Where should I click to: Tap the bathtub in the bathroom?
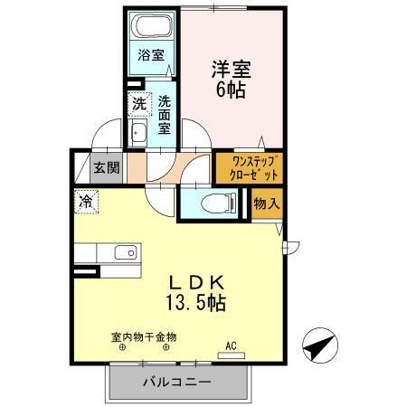pos(151,26)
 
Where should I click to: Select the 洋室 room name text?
pos(231,69)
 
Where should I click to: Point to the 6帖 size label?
pos(232,90)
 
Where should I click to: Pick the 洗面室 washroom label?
pos(165,116)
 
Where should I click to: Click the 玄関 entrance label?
pos(105,168)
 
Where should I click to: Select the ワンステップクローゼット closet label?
pos(239,167)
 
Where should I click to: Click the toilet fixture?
pos(209,203)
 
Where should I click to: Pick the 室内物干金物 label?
pos(145,337)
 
